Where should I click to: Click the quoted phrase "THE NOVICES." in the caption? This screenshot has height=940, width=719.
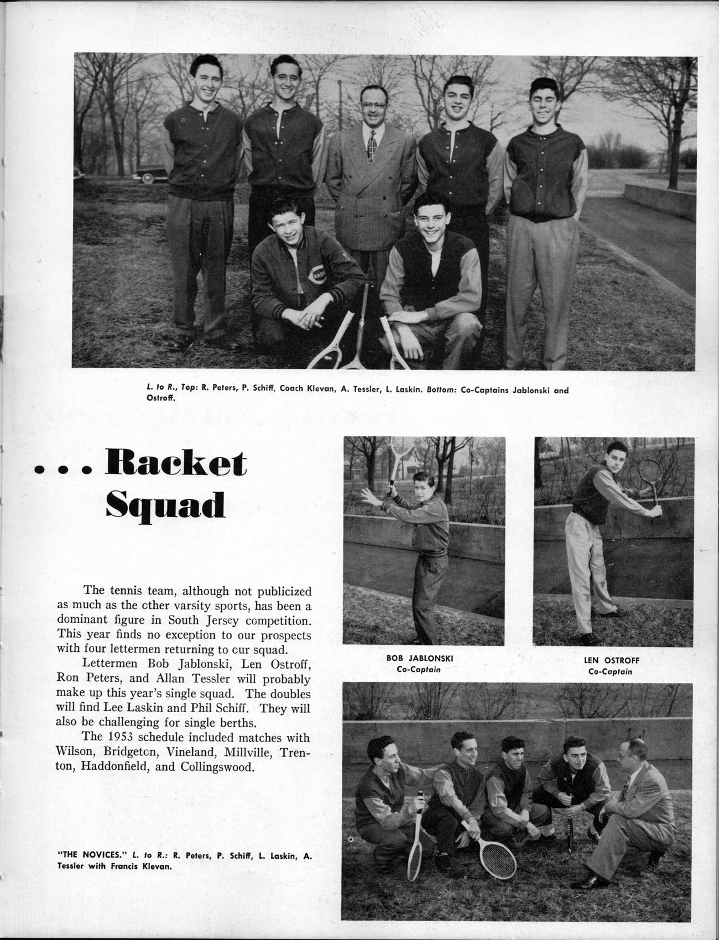pos(87,857)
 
